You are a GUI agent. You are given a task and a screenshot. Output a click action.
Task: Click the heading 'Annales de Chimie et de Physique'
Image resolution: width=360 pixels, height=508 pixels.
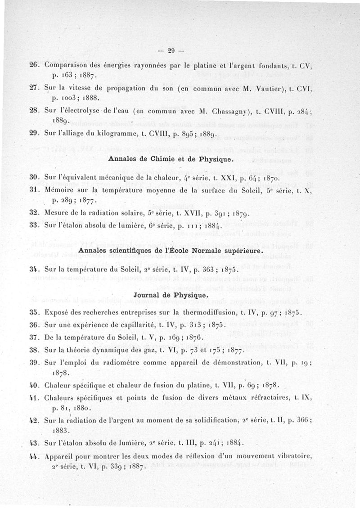point(171,160)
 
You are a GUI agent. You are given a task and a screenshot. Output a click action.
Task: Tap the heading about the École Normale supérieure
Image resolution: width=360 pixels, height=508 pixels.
point(171,250)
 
